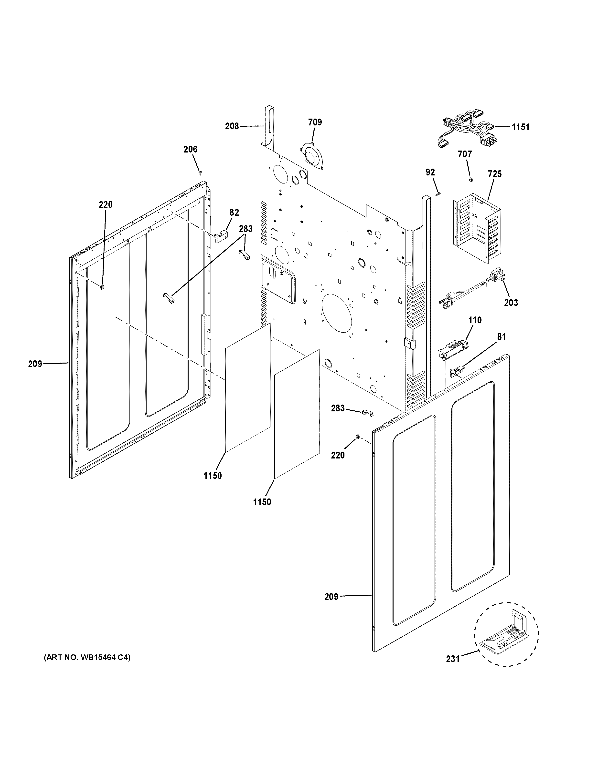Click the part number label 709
point(315,122)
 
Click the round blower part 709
point(312,156)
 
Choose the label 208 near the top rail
point(232,126)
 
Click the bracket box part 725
point(477,226)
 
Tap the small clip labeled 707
point(471,179)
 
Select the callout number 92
point(430,172)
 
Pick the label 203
point(511,303)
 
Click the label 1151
point(520,127)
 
